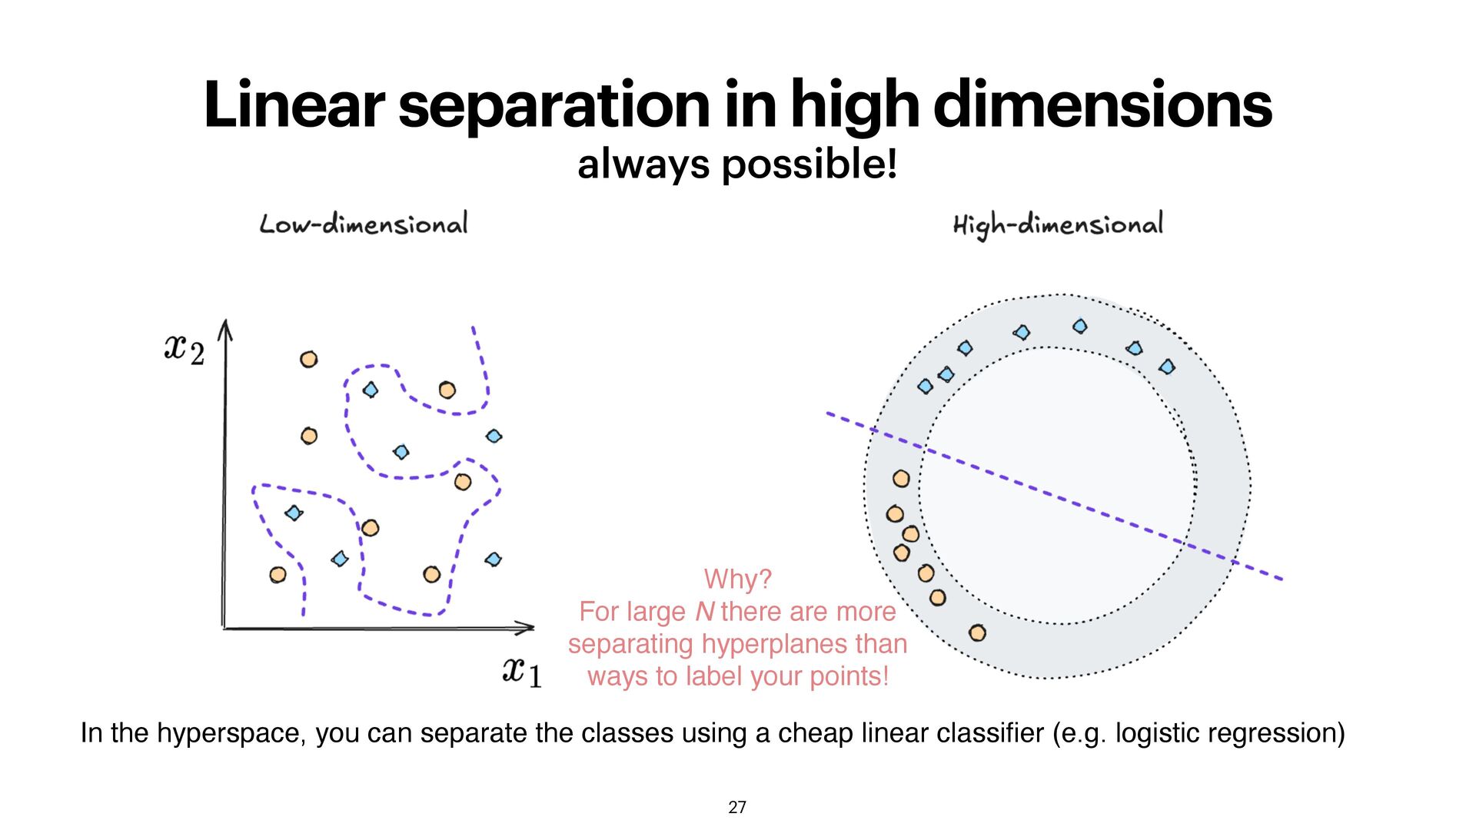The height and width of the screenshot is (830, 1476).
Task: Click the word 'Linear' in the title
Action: pyautogui.click(x=293, y=105)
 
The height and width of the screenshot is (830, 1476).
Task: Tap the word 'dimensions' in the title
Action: pyautogui.click(x=1102, y=105)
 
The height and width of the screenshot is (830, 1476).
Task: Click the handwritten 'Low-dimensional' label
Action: pyautogui.click(x=364, y=224)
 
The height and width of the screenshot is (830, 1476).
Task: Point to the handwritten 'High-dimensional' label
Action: pyautogui.click(x=1058, y=224)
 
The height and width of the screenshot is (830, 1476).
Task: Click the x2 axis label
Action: pyautogui.click(x=184, y=350)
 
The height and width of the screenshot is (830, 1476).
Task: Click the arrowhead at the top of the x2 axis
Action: pyautogui.click(x=224, y=328)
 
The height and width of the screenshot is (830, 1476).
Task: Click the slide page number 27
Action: pyautogui.click(x=737, y=807)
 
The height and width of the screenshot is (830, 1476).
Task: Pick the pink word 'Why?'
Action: pyautogui.click(x=737, y=579)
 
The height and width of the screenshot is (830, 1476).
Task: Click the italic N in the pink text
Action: pyautogui.click(x=704, y=612)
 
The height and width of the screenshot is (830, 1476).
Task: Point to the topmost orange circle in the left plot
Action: pyautogui.click(x=309, y=359)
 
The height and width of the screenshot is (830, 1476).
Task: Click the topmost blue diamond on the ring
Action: pyautogui.click(x=1080, y=327)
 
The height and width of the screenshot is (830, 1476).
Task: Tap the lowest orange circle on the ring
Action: pyautogui.click(x=977, y=633)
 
